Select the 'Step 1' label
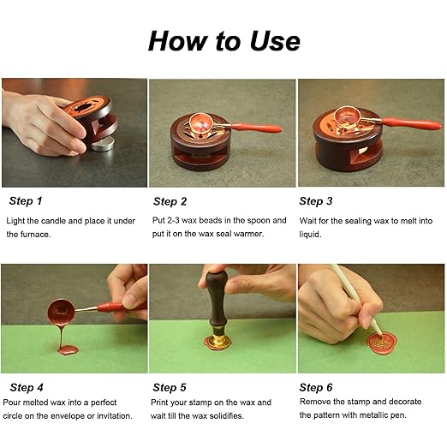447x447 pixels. (x=26, y=201)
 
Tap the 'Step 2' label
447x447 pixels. (x=170, y=201)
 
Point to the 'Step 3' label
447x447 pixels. (x=316, y=201)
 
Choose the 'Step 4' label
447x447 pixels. (x=26, y=387)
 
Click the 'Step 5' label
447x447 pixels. (x=170, y=387)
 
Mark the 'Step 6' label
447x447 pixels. (x=316, y=387)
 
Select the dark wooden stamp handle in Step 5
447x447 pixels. (x=214, y=305)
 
